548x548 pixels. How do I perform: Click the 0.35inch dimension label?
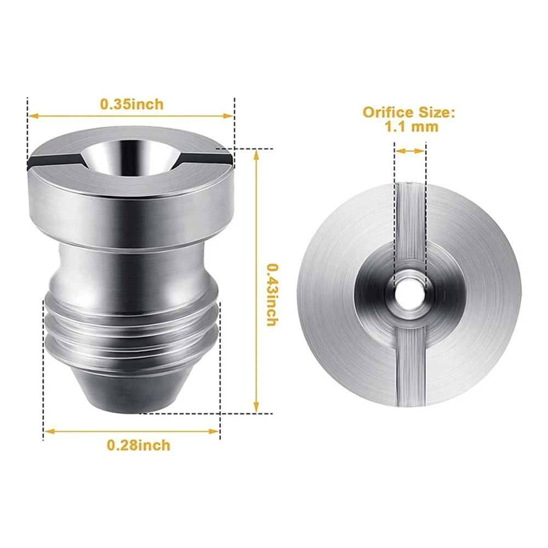(132, 103)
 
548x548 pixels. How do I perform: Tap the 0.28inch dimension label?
(139, 444)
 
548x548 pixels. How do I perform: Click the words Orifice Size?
(409, 113)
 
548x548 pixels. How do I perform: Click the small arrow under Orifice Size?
(409, 150)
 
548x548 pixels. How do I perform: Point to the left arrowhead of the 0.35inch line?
(32, 116)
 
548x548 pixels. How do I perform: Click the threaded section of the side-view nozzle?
(132, 329)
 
